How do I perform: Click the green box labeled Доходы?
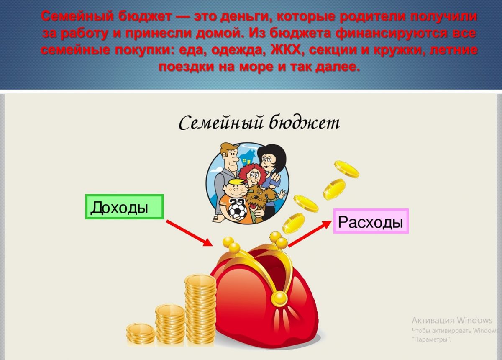[x=124, y=207]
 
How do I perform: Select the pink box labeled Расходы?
[x=371, y=221]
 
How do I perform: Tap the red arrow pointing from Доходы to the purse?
[x=190, y=233]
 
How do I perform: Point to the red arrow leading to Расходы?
[x=310, y=234]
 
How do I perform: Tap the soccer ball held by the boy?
[x=237, y=211]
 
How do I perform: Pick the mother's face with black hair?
[x=268, y=162]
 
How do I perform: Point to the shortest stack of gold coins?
[x=141, y=334]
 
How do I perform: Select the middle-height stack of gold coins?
[x=170, y=326]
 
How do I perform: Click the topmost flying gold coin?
[x=346, y=169]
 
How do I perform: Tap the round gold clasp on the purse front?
[x=279, y=298]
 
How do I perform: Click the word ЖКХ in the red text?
[x=286, y=49]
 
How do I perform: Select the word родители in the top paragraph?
[x=372, y=17]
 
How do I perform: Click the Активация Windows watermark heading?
[x=452, y=321]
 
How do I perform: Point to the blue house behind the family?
[x=248, y=157]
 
